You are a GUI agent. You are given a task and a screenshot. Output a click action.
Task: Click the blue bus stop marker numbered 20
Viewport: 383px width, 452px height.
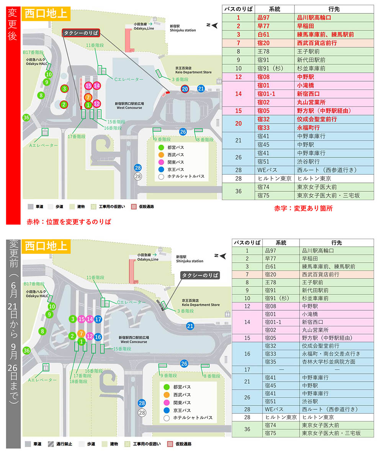point(185,88)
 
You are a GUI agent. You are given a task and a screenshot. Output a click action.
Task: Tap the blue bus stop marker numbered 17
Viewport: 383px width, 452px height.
point(98,319)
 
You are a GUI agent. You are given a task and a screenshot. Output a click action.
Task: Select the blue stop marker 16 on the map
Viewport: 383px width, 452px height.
point(98,337)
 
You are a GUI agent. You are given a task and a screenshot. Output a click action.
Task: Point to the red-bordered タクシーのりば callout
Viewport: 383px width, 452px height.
point(81,33)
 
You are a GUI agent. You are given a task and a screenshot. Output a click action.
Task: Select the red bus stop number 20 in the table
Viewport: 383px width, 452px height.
point(238,123)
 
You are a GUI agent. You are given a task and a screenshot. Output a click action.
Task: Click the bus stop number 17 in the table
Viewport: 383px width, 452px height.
point(247,369)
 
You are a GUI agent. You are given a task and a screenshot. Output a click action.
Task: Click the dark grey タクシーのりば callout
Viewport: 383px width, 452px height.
point(200,275)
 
